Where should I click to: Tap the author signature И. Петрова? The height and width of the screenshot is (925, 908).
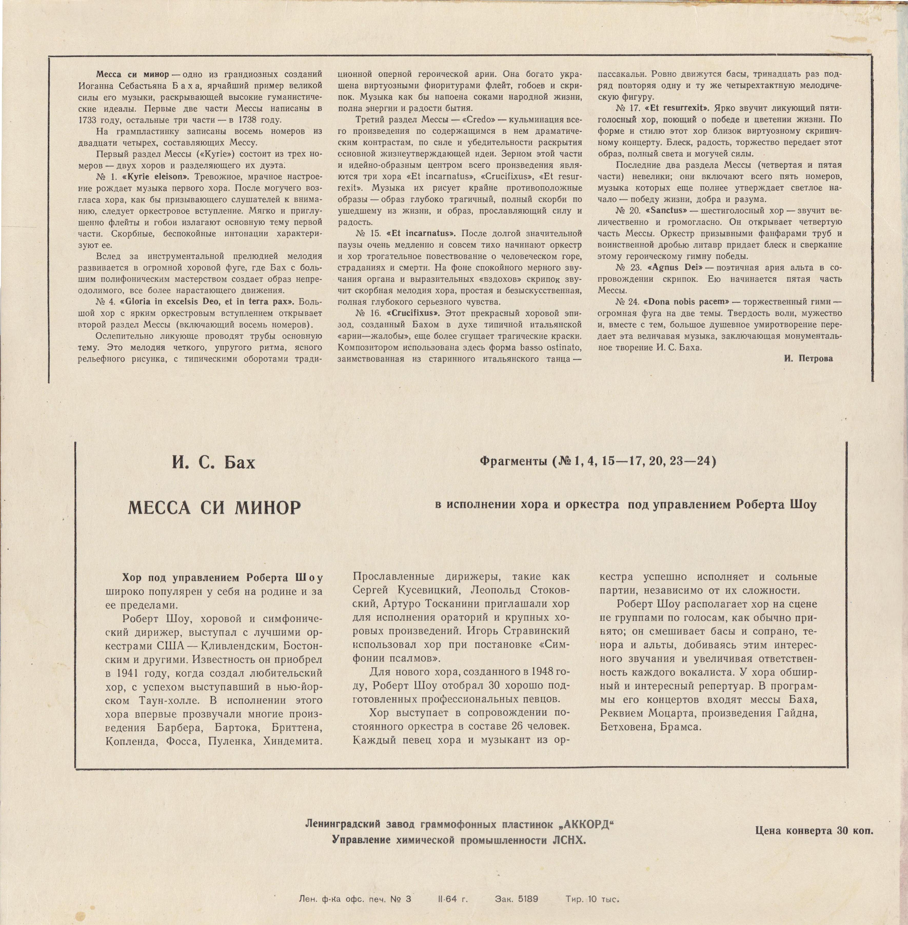808,359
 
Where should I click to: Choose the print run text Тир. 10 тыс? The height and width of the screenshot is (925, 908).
592,899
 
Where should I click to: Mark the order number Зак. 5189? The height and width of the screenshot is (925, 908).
517,899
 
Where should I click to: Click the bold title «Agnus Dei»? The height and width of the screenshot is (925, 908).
673,268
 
